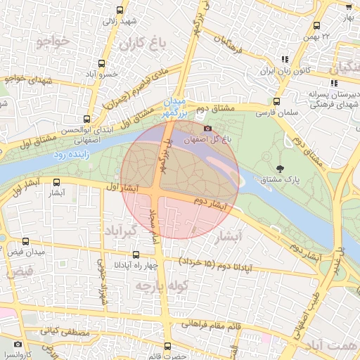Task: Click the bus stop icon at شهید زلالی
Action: click(119, 10)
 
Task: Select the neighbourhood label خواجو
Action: click(52, 42)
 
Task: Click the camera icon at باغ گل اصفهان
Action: click(207, 128)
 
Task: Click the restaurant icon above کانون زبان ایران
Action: click(285, 60)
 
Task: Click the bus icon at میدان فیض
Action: click(26, 241)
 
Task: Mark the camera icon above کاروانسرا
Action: click(17, 345)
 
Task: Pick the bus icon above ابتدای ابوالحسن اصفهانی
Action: click(86, 119)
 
